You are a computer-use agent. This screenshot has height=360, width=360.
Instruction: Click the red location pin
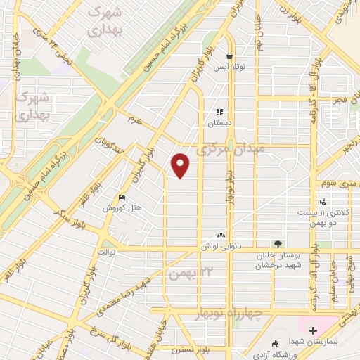click(181, 165)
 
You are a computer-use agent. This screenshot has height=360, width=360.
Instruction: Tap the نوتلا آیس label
click(229, 67)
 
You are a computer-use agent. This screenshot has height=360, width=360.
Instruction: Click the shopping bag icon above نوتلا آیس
click(229, 56)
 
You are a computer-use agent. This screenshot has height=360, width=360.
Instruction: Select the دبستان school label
click(219, 122)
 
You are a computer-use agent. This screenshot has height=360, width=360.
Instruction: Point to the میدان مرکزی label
click(231, 150)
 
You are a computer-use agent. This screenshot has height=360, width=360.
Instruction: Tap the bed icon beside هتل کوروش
click(122, 198)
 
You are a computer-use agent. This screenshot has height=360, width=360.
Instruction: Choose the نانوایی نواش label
click(222, 246)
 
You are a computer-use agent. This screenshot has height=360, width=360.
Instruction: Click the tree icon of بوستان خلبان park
click(279, 243)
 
